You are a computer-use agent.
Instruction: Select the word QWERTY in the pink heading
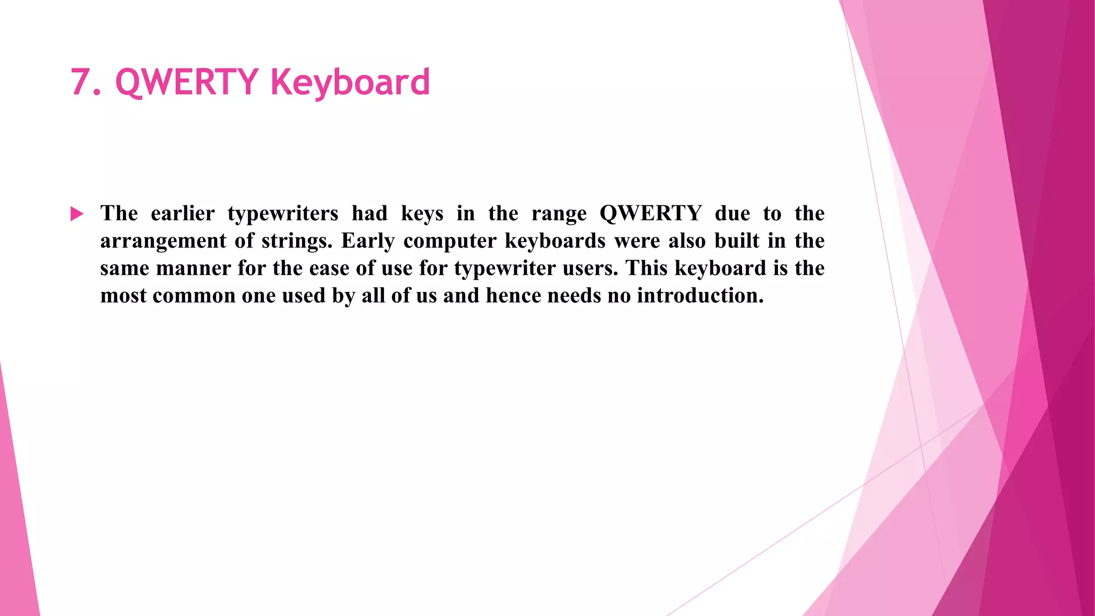[x=187, y=82]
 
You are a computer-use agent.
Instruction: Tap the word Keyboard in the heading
[x=350, y=82]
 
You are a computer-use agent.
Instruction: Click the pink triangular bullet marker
[x=77, y=214]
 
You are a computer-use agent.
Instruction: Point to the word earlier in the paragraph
[x=182, y=213]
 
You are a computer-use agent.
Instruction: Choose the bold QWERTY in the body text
[x=650, y=213]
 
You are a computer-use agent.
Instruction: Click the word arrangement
[x=163, y=241]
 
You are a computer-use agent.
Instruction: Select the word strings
[x=297, y=241]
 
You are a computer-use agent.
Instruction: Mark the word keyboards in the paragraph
[x=554, y=241]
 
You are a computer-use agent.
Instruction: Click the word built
[x=737, y=241]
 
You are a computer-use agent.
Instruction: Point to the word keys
[x=422, y=214]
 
